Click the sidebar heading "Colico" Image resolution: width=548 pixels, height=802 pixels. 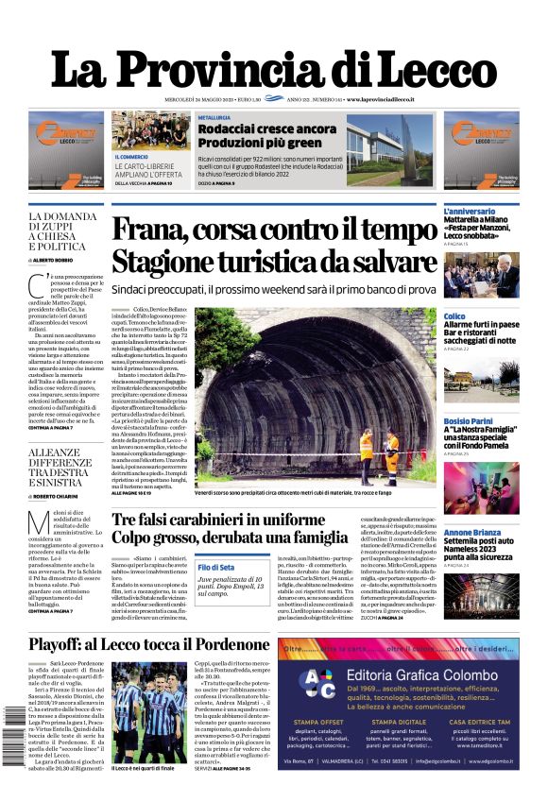pos(454,316)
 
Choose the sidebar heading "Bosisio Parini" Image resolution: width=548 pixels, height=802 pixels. pos(469,420)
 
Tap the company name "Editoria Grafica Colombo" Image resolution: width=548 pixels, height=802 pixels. pos(421,674)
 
